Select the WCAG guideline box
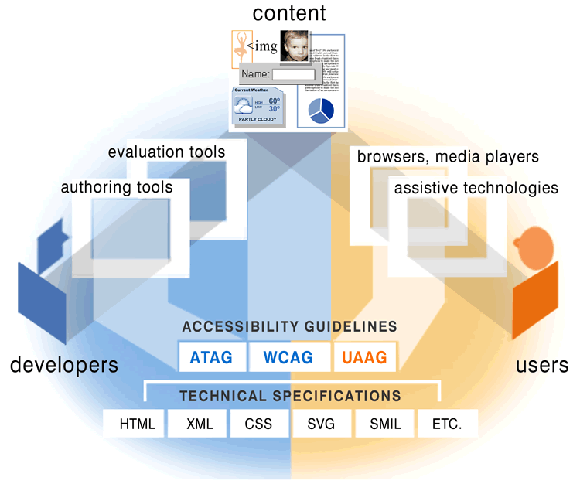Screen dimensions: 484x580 coord(288,358)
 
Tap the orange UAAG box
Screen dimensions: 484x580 coord(364,358)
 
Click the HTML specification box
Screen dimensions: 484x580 coord(138,424)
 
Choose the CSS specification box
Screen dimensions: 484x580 coord(258,424)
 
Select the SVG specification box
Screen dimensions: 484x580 coord(321,424)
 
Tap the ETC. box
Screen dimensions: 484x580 coord(447,424)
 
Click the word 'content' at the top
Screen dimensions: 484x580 coord(289,13)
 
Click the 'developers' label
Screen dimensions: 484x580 coord(64,364)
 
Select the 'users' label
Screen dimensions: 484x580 coord(542,364)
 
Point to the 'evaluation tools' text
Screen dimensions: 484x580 coord(166,152)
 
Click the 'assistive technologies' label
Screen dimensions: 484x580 coord(476,188)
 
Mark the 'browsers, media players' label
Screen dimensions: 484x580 coord(448,157)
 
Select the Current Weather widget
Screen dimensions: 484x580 coord(261,107)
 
